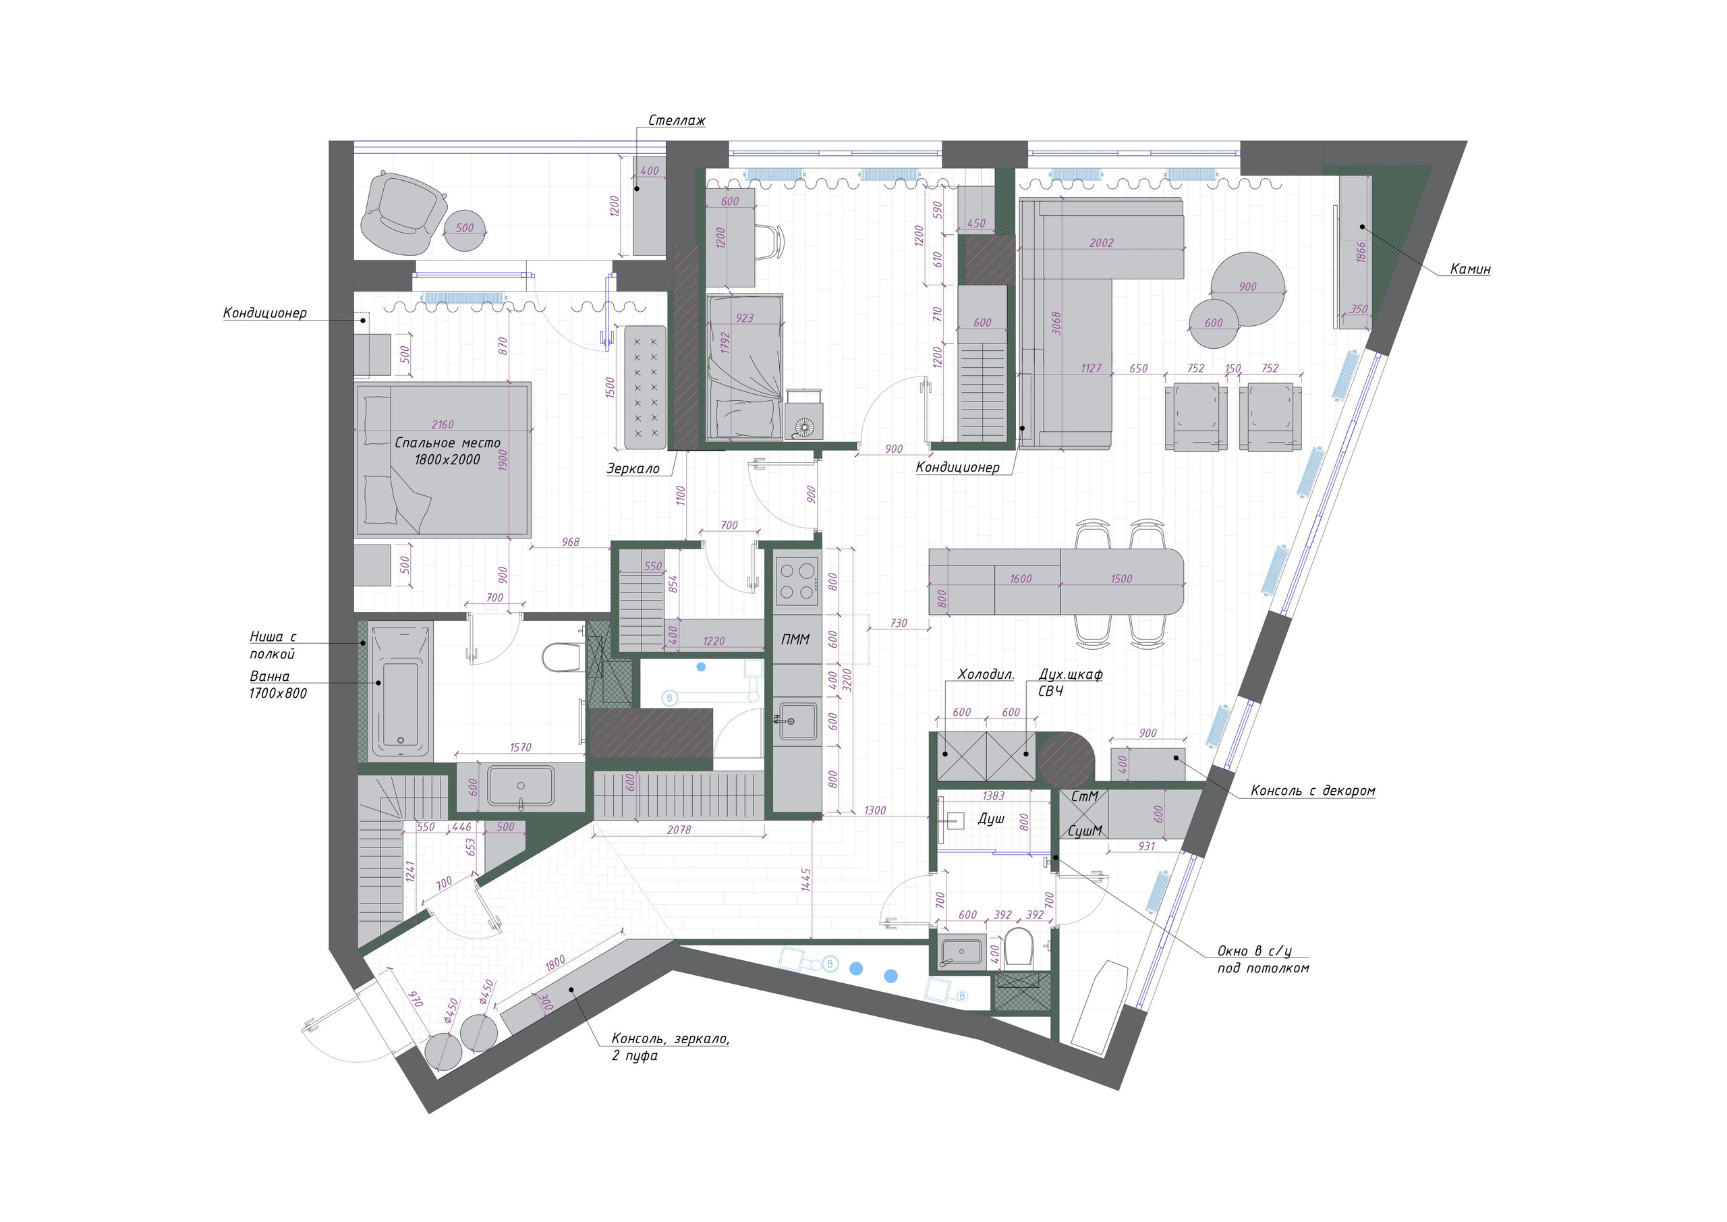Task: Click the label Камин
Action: pyautogui.click(x=1470, y=269)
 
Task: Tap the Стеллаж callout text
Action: pyautogui.click(x=676, y=120)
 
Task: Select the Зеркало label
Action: pyautogui.click(x=633, y=469)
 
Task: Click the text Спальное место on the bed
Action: pyautogui.click(x=447, y=443)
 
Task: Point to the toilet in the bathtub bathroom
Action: pyautogui.click(x=561, y=658)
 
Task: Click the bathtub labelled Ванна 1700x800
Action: pyautogui.click(x=400, y=688)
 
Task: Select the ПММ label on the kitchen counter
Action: pyautogui.click(x=795, y=640)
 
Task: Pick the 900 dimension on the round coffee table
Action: pyautogui.click(x=1247, y=287)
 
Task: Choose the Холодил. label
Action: pyautogui.click(x=986, y=675)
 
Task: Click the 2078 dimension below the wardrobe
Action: pyautogui.click(x=679, y=830)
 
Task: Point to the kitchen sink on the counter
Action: pyautogui.click(x=797, y=721)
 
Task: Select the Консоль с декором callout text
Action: pyautogui.click(x=1313, y=791)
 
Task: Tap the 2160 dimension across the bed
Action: pyautogui.click(x=443, y=425)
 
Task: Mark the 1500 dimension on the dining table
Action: pyautogui.click(x=1121, y=579)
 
